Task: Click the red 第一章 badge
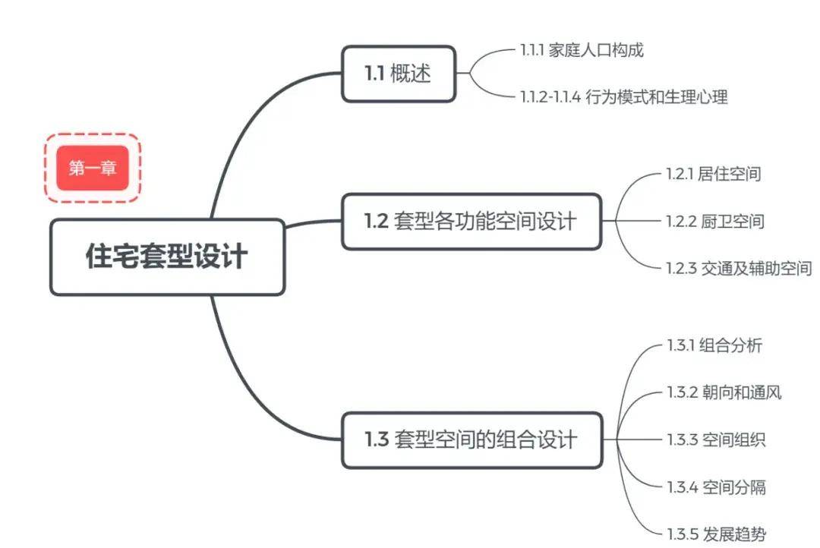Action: click(93, 168)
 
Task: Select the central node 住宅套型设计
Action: click(167, 257)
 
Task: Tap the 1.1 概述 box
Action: click(399, 74)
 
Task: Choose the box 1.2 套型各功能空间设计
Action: click(471, 221)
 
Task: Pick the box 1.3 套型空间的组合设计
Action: click(471, 439)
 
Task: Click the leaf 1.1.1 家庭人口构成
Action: click(582, 51)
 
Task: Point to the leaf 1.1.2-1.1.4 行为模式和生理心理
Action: click(624, 97)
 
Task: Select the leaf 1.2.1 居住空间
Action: click(713, 174)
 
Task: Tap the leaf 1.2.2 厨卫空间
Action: click(714, 222)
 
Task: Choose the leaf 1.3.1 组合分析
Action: click(714, 346)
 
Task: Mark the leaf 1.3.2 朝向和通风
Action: click(724, 392)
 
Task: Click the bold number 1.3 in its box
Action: click(377, 439)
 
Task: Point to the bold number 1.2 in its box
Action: click(377, 221)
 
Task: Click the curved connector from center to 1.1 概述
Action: click(251, 121)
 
